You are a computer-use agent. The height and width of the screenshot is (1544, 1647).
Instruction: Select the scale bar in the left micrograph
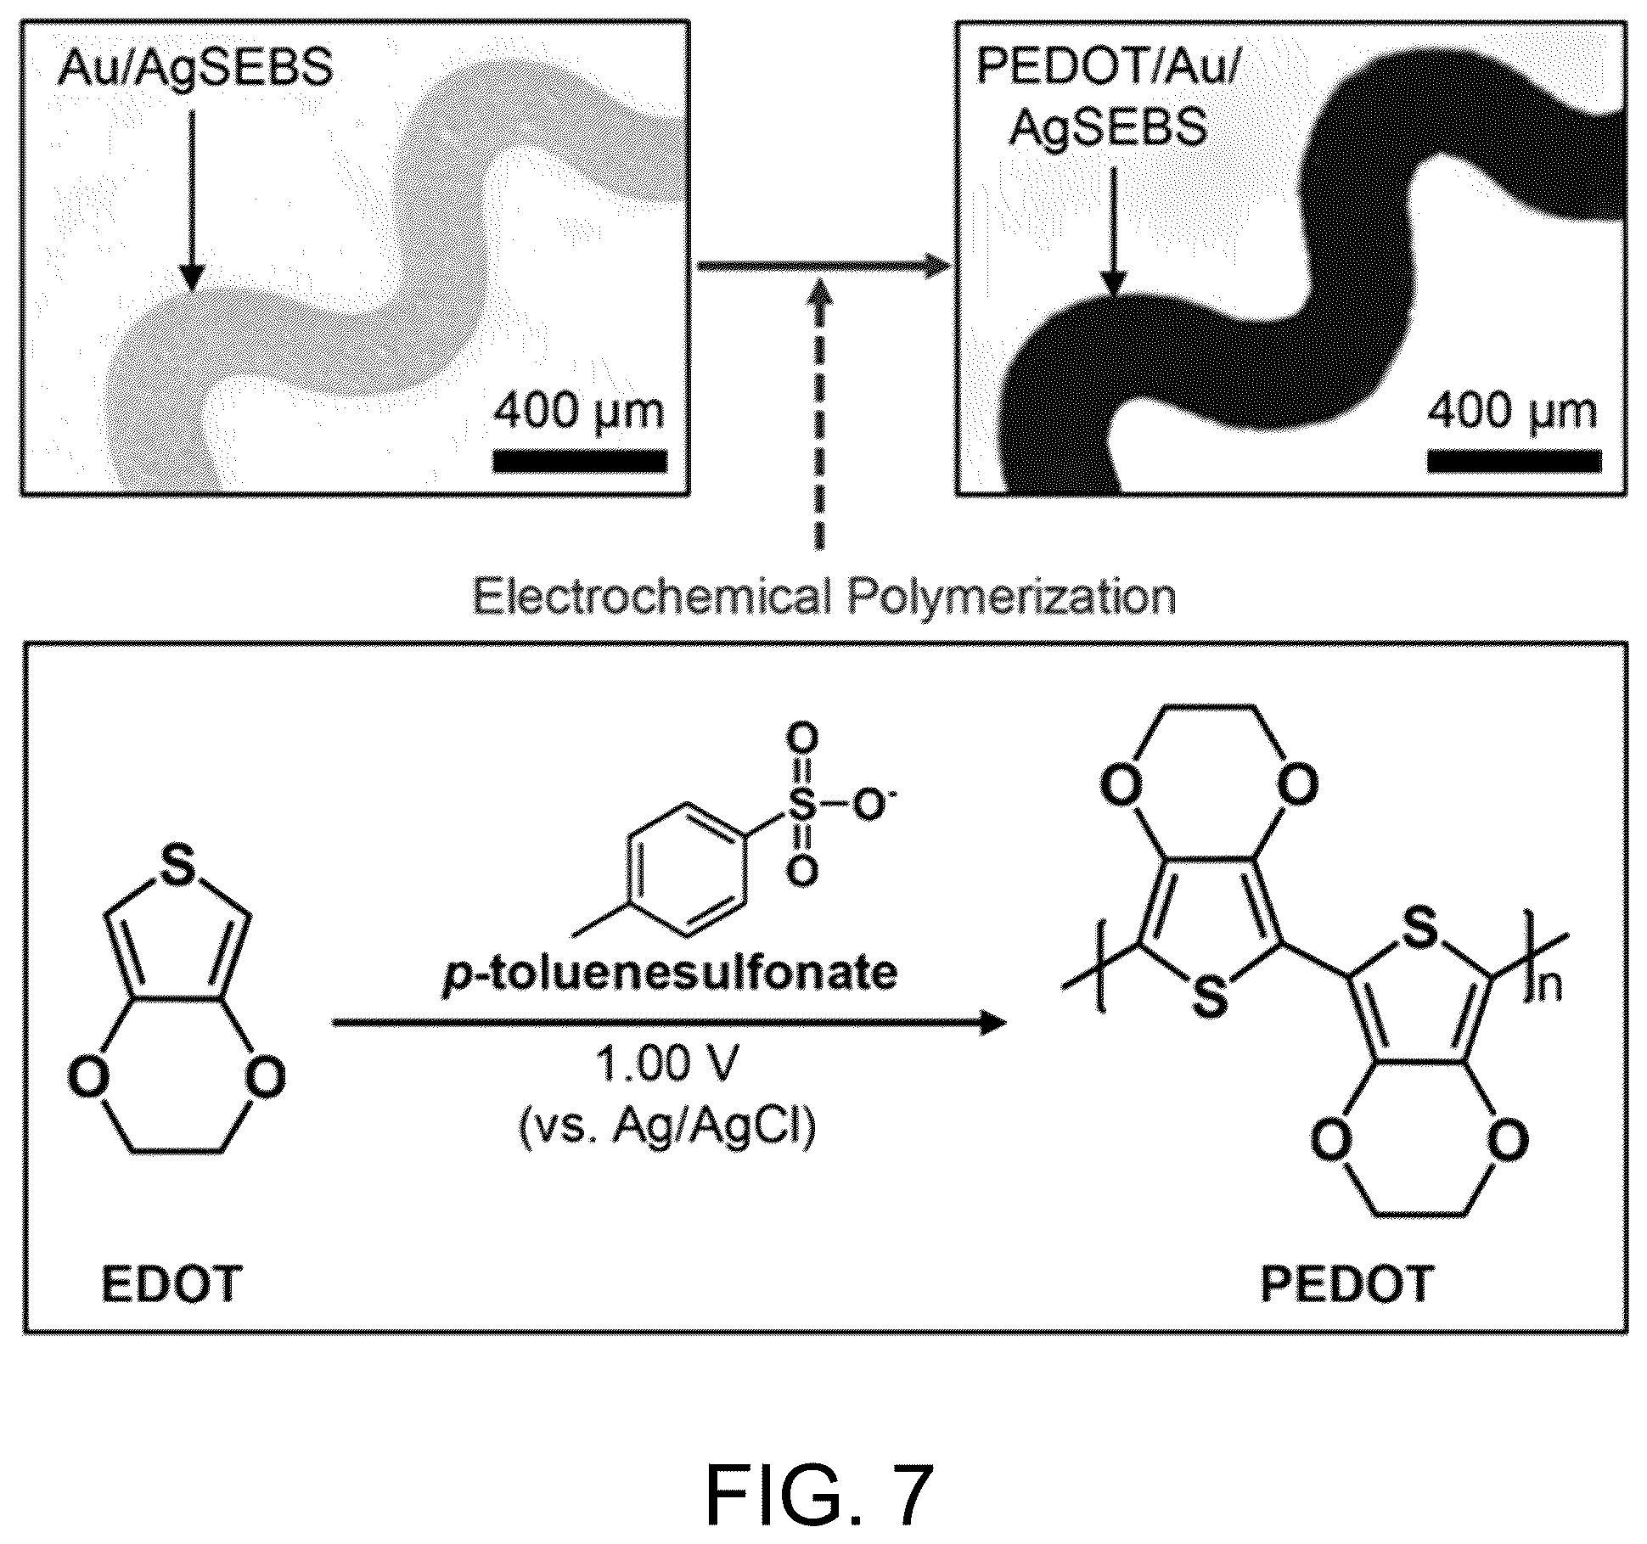580,461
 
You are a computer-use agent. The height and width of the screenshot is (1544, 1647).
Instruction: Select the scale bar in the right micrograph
1514,461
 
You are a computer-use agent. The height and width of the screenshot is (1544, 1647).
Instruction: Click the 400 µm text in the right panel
1512,412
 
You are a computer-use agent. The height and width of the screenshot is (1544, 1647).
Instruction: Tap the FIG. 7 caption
820,1496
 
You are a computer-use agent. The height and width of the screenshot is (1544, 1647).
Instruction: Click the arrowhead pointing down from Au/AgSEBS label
193,277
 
